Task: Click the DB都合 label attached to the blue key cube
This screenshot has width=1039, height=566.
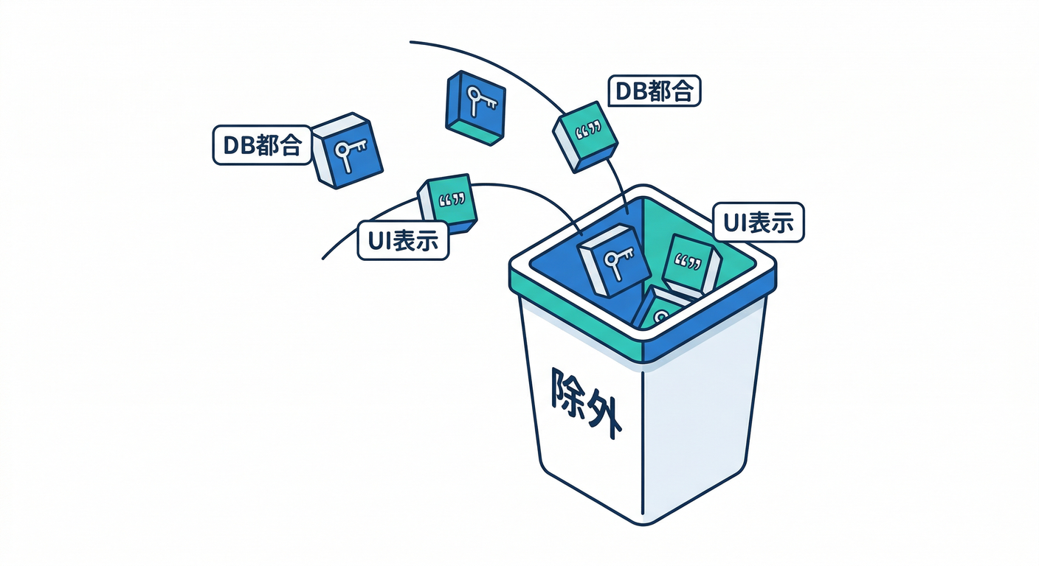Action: coord(262,145)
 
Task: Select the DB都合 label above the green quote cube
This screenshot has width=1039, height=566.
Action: coord(654,91)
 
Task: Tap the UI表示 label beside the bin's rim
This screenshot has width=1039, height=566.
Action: coord(759,222)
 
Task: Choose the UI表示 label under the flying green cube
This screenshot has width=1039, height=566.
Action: coord(403,240)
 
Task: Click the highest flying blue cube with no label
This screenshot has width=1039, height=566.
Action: coord(475,108)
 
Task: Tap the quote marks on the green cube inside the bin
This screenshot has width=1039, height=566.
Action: coord(688,262)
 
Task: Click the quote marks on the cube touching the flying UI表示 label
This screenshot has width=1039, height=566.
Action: coord(452,200)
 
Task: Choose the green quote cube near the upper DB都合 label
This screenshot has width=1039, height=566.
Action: coord(585,137)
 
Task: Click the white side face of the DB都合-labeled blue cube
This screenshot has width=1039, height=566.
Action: coord(322,160)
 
